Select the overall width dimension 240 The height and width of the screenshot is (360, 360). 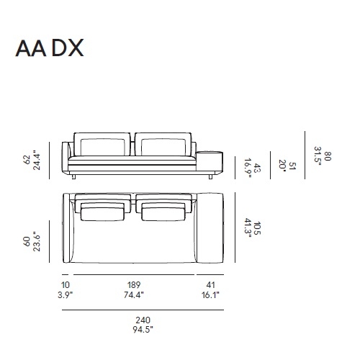click(143, 320)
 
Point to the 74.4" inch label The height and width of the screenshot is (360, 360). click(133, 295)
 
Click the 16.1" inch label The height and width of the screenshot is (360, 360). click(210, 295)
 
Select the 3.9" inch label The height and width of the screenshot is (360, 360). click(66, 295)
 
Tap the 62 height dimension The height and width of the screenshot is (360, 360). click(27, 158)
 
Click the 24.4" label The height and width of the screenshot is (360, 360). click(37, 158)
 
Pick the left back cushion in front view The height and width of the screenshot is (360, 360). click(102, 144)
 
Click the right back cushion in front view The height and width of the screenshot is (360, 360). click(164, 144)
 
